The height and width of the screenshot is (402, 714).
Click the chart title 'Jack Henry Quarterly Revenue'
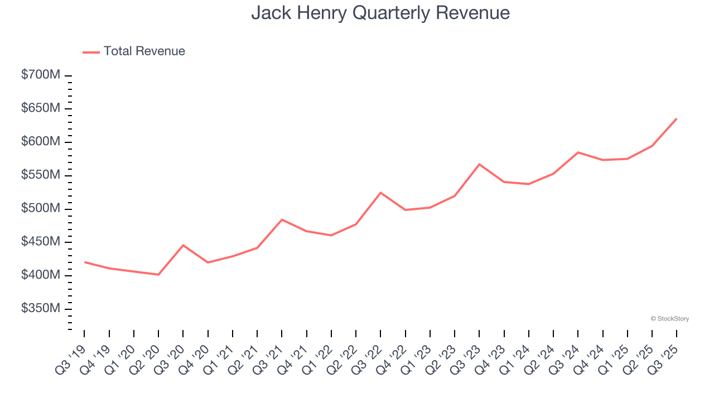coord(380,12)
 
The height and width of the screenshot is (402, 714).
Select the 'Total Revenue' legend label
coord(144,51)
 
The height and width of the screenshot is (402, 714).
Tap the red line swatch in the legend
coord(91,52)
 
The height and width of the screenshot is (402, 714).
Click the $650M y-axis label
coord(40,108)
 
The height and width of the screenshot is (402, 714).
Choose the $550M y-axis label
coord(40,175)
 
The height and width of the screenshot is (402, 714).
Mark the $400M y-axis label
coord(40,275)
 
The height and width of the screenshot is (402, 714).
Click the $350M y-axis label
coord(40,309)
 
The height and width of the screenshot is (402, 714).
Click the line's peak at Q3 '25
coord(677,118)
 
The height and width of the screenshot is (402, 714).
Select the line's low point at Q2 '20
coord(158,275)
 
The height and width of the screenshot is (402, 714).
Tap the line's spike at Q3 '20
coord(183,245)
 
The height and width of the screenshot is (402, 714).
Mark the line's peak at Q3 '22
coord(380,193)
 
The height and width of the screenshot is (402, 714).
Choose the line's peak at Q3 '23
coord(479,164)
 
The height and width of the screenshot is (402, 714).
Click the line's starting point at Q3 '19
coord(85,262)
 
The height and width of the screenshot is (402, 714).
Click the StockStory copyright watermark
coord(669,319)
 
